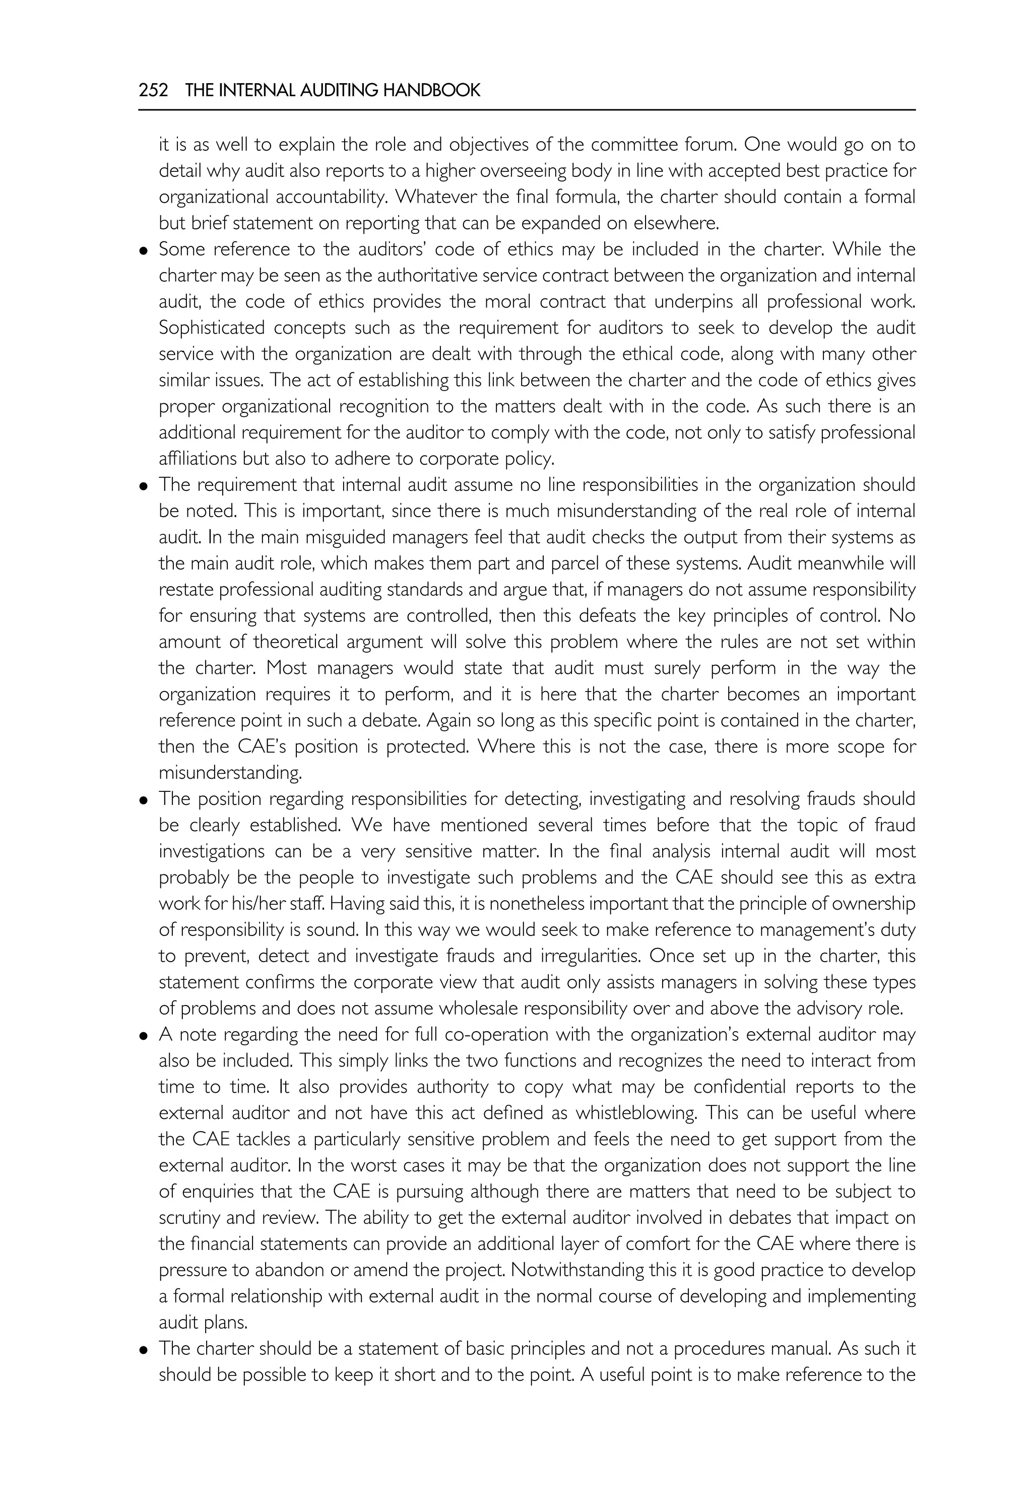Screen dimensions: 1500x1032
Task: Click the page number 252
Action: pos(153,91)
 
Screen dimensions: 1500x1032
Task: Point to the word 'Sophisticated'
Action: pos(212,328)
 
